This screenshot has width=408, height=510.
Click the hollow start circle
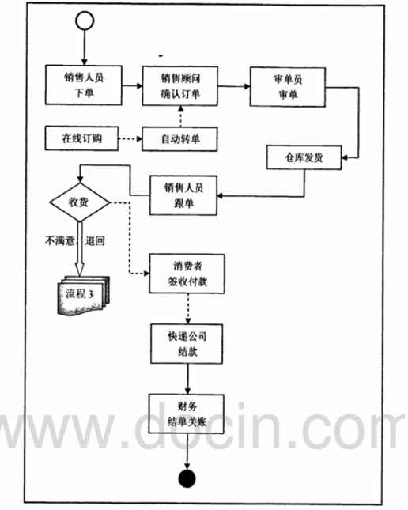pos(85,21)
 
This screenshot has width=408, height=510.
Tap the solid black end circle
pos(187,478)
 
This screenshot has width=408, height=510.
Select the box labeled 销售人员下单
pos(84,85)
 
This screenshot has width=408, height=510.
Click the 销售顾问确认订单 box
pos(180,86)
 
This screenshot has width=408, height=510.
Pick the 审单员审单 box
pos(288,87)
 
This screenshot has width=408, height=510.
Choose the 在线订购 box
pos(81,138)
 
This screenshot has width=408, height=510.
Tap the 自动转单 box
pos(179,139)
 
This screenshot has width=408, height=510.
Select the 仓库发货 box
pos(304,157)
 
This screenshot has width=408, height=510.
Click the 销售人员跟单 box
pos(183,195)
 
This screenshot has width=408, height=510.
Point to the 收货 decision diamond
pos(79,202)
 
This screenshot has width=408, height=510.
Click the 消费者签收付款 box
pos(187,274)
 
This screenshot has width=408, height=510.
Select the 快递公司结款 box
pos(187,344)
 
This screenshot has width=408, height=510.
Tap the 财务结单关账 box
pos(187,414)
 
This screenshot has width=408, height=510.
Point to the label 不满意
pos(60,241)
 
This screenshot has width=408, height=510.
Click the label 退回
pos(95,241)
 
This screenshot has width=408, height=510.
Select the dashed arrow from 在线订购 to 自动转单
pos(130,139)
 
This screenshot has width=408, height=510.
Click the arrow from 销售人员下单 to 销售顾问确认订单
pos(132,86)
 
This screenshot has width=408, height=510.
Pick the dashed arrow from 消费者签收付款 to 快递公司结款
pos(188,308)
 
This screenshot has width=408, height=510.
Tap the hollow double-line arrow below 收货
pos(79,249)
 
